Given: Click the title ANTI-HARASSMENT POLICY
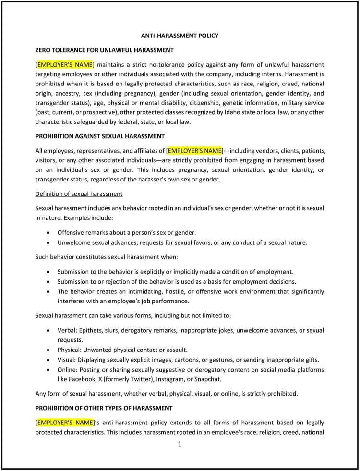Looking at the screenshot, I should (180, 36).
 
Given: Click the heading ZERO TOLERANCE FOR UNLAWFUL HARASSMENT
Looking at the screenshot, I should (105, 50).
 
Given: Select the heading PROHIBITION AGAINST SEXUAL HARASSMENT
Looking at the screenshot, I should (100, 136).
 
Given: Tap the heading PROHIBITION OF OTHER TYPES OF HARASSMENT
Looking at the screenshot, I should (104, 408).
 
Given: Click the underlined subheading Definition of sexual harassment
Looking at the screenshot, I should (79, 193).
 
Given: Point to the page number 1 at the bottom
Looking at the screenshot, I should (180, 444).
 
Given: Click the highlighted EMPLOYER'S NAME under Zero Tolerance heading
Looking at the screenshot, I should (65, 64).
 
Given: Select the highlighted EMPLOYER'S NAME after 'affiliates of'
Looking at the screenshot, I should (195, 150).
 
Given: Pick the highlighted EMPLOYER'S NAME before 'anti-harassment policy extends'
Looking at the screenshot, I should (65, 422).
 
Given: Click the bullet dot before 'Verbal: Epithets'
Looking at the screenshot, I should (48, 330).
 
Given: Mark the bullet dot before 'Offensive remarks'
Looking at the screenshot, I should (48, 232).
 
